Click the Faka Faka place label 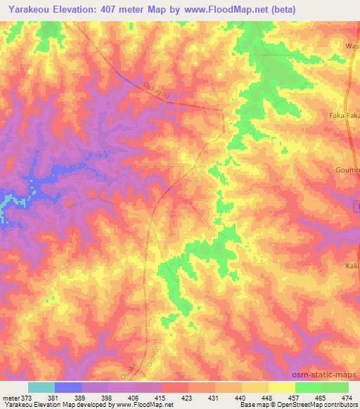point(345,113)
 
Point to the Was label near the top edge point(352,46)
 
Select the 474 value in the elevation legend point(347,398)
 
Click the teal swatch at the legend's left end point(41,387)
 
